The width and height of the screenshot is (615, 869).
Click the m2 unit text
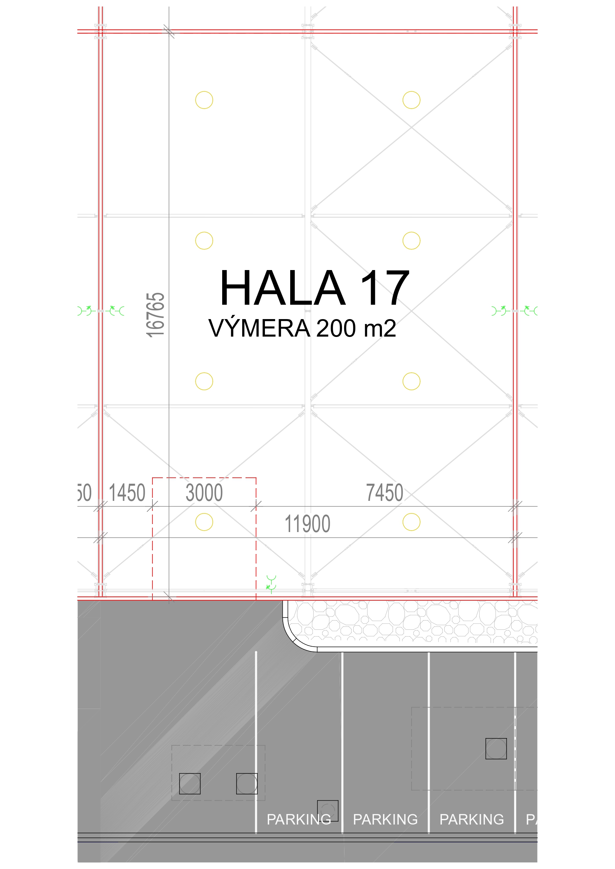coord(380,328)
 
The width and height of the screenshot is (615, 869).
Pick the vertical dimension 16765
coord(156,315)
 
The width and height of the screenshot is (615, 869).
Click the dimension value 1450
coord(127,493)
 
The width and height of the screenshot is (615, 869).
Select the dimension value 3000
coord(204,493)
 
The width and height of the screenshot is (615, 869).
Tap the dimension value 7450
coord(385,493)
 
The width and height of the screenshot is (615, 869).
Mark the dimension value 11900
coord(308,524)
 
